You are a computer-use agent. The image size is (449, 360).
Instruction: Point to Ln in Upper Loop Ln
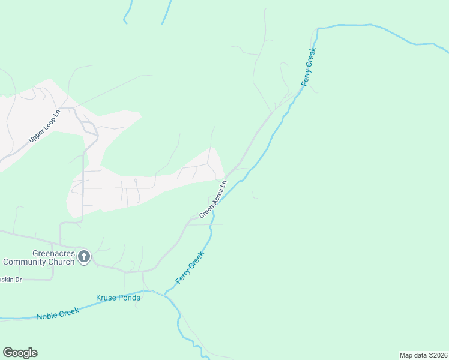[x=58, y=112]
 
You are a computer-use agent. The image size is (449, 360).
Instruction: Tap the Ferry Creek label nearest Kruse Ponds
[x=190, y=268]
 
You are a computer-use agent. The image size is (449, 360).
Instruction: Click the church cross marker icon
[x=84, y=257]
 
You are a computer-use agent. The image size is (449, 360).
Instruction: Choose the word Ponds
[x=130, y=298]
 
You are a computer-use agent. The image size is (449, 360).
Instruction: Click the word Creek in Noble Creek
[x=70, y=312]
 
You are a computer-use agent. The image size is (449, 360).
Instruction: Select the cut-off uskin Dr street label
[x=10, y=280]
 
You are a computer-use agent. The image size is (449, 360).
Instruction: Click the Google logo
[x=20, y=353]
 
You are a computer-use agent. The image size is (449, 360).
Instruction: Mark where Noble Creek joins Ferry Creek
[x=166, y=294]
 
